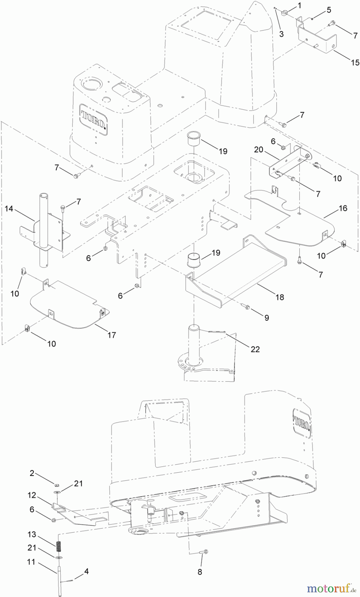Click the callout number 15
[355, 62]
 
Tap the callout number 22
[255, 349]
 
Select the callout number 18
[280, 297]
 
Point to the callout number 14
[9, 209]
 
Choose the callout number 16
[343, 208]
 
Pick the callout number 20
[258, 150]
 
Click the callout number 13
[32, 535]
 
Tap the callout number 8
[200, 572]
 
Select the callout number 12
[32, 495]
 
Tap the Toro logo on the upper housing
[93, 119]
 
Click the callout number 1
[300, 5]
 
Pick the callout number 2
[32, 473]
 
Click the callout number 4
[86, 571]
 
